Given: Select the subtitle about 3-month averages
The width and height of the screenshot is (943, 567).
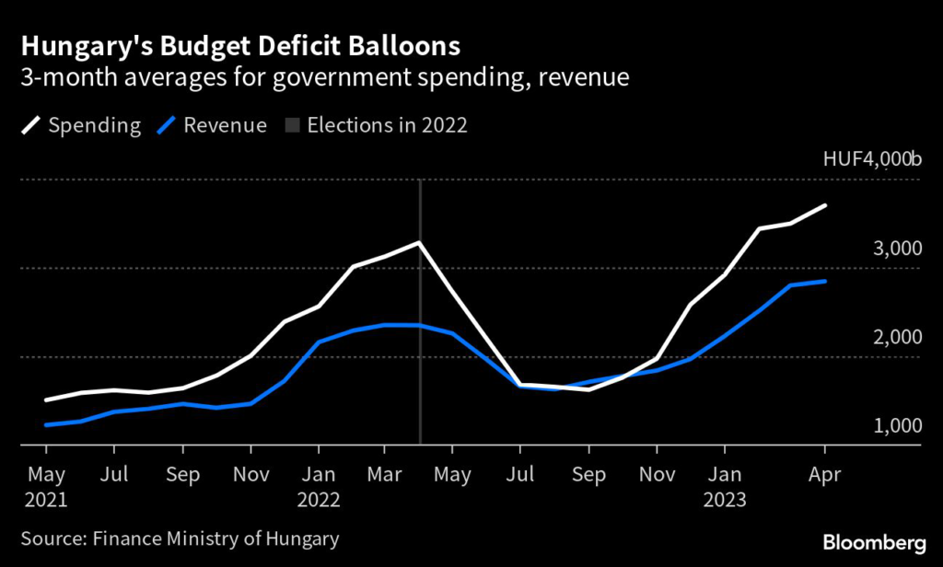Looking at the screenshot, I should coord(326,77).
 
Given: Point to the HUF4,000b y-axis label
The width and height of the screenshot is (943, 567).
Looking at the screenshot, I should coord(871,160).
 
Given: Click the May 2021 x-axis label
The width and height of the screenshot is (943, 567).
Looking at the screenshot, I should coord(46,488).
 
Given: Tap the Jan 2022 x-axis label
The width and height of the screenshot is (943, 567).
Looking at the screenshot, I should coord(318,488).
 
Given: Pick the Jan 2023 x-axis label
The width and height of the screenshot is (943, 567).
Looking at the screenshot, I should coord(725,488).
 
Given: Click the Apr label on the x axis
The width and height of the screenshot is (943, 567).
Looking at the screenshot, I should coord(824,476).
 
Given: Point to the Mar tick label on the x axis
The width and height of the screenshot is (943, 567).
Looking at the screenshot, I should coord(386,476).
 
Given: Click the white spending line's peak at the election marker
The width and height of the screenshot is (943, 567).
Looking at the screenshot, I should coord(420,243).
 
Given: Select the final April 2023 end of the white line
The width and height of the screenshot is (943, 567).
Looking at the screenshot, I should coord(825,205).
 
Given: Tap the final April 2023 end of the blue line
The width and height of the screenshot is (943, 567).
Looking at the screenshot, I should coord(825,281).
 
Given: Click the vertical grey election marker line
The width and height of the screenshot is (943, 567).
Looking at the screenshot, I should coord(420,368).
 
